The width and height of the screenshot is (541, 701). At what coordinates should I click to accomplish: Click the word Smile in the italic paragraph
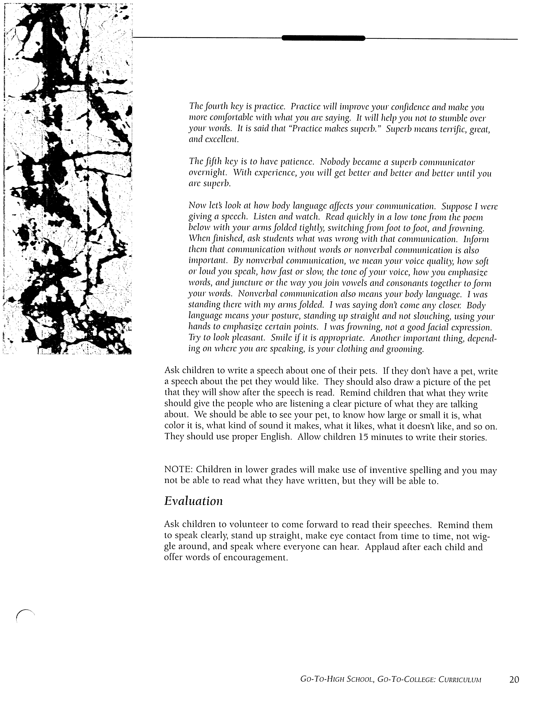(x=282, y=338)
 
